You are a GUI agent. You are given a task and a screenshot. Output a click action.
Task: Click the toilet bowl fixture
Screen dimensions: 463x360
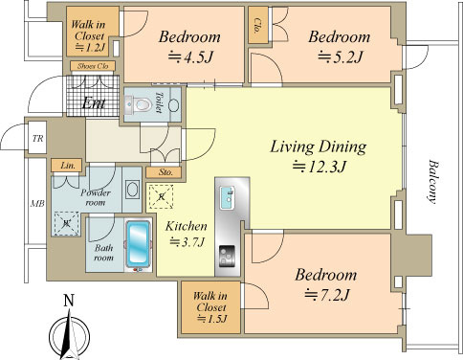click(140, 104)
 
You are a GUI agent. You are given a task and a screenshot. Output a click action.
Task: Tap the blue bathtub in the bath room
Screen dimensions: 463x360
click(138, 244)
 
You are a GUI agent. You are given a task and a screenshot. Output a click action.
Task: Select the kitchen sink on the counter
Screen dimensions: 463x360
click(228, 198)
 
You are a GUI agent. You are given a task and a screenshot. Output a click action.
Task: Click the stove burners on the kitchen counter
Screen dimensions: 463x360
click(227, 256)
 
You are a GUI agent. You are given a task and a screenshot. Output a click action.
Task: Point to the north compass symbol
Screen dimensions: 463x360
click(69, 332)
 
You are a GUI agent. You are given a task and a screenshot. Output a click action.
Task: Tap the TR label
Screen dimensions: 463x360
click(37, 139)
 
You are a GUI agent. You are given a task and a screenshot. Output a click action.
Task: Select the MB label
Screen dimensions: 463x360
click(37, 203)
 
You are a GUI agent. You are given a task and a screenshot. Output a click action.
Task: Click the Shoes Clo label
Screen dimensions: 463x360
click(93, 66)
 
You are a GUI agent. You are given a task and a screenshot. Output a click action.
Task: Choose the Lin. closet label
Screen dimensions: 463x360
click(68, 166)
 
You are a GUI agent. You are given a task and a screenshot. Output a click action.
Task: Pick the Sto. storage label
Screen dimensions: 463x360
click(165, 172)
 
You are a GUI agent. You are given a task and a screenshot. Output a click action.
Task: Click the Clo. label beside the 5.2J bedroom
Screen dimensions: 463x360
click(257, 26)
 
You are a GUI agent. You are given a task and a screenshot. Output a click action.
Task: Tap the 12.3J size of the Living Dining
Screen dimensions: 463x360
click(320, 167)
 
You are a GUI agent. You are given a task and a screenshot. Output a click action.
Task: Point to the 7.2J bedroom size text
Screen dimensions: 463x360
click(327, 295)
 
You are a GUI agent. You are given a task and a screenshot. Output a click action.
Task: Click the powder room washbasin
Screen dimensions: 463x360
click(132, 190)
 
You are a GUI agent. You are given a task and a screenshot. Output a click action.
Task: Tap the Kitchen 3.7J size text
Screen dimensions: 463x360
click(187, 242)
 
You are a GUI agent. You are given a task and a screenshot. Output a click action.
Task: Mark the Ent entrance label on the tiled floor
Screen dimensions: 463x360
click(94, 103)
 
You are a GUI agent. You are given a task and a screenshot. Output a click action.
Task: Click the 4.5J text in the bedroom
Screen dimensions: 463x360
click(190, 57)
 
